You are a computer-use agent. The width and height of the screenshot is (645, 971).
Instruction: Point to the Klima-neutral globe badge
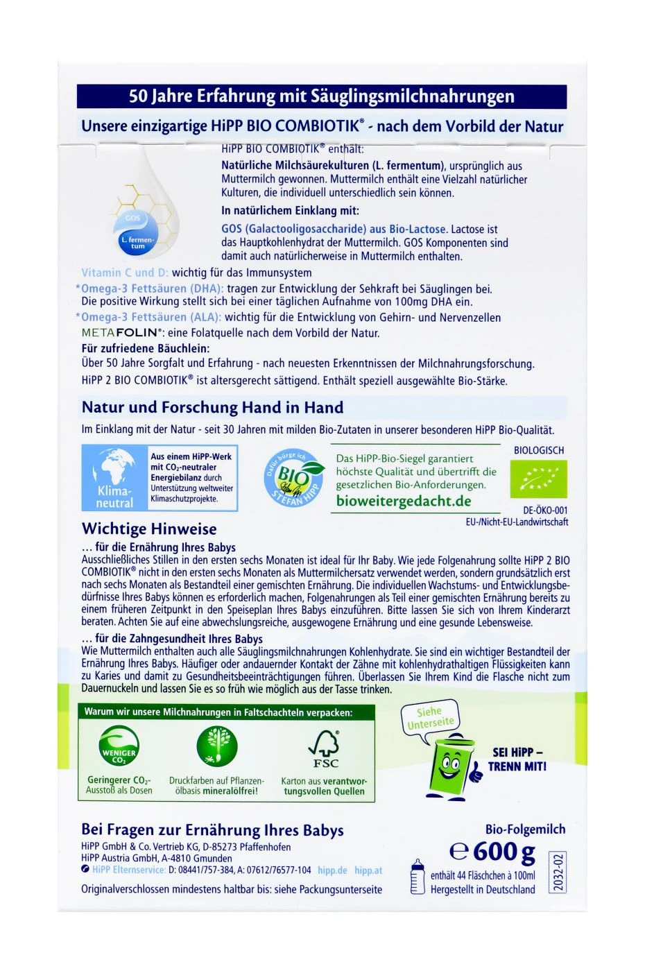[x=114, y=478]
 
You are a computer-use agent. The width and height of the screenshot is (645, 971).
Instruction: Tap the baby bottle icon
[x=417, y=877]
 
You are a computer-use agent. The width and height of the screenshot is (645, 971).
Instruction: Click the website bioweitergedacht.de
[x=404, y=501]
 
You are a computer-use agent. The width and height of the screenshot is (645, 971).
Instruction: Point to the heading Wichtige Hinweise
[x=149, y=529]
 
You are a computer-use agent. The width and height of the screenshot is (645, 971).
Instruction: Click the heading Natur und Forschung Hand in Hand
[x=212, y=407]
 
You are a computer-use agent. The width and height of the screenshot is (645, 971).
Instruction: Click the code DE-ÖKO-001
[x=541, y=510]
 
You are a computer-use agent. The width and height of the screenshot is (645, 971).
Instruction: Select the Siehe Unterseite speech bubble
[x=431, y=718]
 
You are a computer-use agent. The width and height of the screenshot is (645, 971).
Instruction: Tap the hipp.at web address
[x=368, y=870]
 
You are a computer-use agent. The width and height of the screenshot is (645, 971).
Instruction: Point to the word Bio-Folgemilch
[x=525, y=829]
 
